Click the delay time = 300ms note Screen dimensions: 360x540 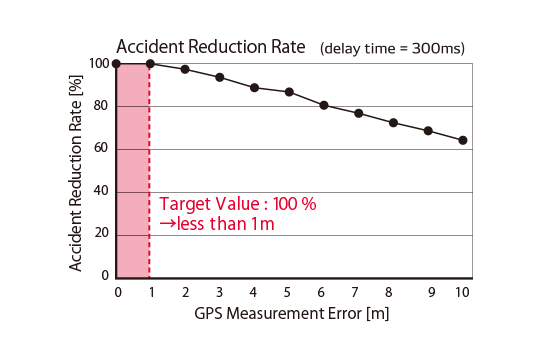tap(393, 48)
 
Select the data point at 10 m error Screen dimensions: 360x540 tap(462, 140)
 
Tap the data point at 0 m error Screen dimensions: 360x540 tap(117, 64)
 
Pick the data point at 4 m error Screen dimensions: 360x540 tap(254, 88)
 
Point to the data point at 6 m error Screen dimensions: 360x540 tap(324, 105)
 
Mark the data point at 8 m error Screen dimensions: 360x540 tap(393, 123)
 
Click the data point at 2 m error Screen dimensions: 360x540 tap(185, 69)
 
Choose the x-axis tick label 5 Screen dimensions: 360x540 tap(288, 292)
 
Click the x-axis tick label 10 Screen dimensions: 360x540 tap(461, 292)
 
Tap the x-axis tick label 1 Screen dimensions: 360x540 tap(151, 292)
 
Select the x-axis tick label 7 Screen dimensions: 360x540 tap(357, 292)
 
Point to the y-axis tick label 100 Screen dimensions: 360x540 tap(99, 64)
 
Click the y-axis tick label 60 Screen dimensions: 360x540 tap(102, 149)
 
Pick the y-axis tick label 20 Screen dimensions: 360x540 tap(102, 234)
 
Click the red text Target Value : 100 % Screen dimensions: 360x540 tap(238, 204)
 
